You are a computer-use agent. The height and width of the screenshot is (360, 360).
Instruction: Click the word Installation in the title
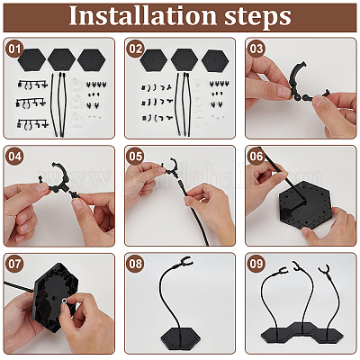143,15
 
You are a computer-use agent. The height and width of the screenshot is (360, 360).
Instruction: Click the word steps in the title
257,17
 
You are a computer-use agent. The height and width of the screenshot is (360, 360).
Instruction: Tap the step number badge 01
14,49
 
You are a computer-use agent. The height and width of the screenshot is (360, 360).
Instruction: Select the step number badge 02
135,49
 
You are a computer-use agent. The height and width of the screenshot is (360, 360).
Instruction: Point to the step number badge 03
256,49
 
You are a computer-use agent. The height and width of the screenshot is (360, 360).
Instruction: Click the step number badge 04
14,157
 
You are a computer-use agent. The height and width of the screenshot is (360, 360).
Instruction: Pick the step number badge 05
135,157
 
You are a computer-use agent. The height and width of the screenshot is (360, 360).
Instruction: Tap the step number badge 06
256,157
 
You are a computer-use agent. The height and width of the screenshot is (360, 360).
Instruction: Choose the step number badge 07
14,264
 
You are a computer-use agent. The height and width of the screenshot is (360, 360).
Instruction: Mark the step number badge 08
135,264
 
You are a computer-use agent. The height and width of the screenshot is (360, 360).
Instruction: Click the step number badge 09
256,264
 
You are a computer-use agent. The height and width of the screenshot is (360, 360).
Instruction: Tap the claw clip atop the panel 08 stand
184,261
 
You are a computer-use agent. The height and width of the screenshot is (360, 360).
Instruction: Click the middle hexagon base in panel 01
61,59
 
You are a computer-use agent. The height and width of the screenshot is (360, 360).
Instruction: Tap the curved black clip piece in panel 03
295,78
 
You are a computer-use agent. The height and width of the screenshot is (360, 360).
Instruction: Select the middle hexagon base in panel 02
184,60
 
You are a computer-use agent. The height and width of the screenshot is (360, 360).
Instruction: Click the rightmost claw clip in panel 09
324,269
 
